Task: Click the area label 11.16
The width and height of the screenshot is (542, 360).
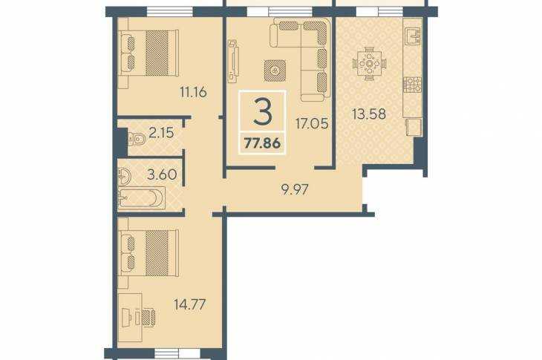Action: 193,92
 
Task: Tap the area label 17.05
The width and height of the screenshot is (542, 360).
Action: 312,123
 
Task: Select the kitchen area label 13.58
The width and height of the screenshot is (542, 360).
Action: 369,114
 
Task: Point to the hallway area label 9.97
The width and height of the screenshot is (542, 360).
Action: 295,189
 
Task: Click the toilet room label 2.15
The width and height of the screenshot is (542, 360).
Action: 161,133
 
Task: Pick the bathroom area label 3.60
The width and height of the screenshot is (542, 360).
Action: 162,174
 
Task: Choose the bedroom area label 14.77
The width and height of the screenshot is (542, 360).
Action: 190,304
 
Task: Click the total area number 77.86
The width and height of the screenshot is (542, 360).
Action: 262,143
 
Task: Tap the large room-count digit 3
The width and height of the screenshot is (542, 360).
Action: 263,111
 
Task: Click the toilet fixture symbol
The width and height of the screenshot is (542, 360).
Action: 136,140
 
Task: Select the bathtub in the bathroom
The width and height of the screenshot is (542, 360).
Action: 141,198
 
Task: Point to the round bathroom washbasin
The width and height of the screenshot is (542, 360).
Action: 124,176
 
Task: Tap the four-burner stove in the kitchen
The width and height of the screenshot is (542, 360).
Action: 413,85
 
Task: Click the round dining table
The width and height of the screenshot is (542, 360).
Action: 370,64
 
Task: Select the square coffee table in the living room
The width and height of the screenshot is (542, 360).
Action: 275,71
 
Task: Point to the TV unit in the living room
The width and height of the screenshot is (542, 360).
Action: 233,61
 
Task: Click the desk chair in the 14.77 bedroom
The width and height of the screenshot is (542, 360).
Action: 148,317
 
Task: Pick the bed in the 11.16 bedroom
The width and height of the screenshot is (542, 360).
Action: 148,53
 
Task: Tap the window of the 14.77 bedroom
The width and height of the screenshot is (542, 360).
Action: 177,353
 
